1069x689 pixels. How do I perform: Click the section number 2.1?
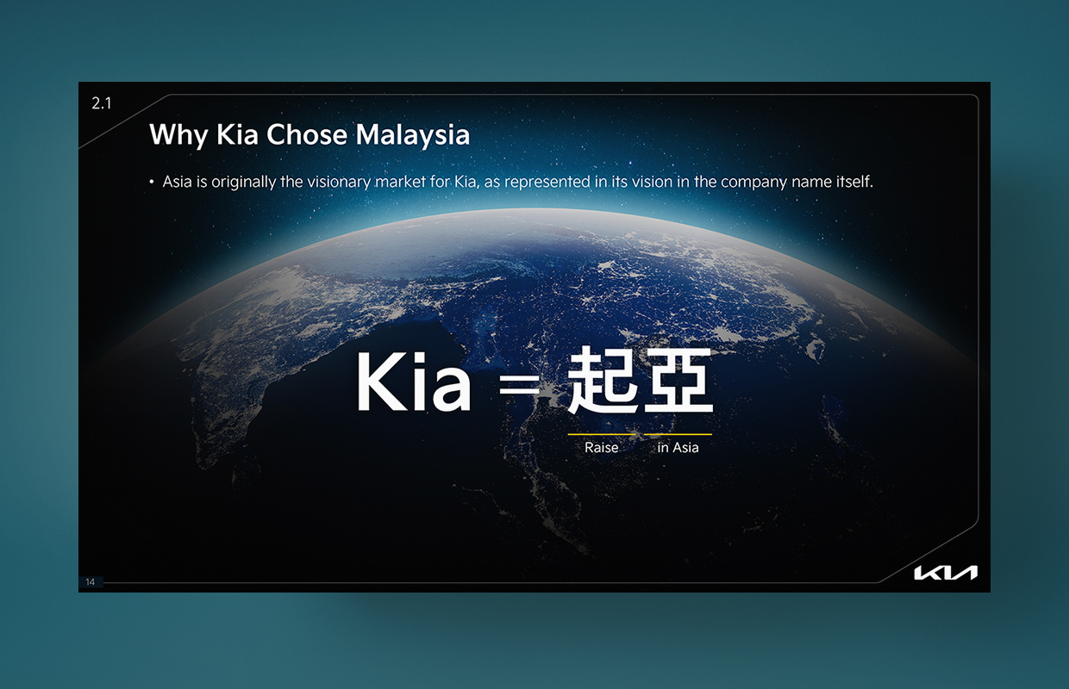click(101, 103)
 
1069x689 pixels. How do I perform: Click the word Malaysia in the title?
click(413, 136)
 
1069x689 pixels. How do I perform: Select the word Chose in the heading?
click(306, 134)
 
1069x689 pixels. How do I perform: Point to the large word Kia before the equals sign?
click(414, 382)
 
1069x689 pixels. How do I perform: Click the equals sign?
click(519, 384)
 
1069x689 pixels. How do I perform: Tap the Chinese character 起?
click(602, 380)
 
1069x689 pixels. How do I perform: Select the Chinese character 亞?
click(678, 380)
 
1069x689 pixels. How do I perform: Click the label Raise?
click(602, 447)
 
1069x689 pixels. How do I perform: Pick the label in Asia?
click(678, 447)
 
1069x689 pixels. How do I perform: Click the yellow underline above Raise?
click(602, 434)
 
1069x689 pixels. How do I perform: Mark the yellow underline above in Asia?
click(678, 434)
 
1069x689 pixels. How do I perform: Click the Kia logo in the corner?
click(946, 573)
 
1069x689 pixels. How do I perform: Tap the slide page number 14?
click(91, 581)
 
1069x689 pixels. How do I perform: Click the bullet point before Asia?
click(151, 182)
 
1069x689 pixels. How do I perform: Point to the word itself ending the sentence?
click(854, 182)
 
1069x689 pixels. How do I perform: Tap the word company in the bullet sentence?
click(753, 183)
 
